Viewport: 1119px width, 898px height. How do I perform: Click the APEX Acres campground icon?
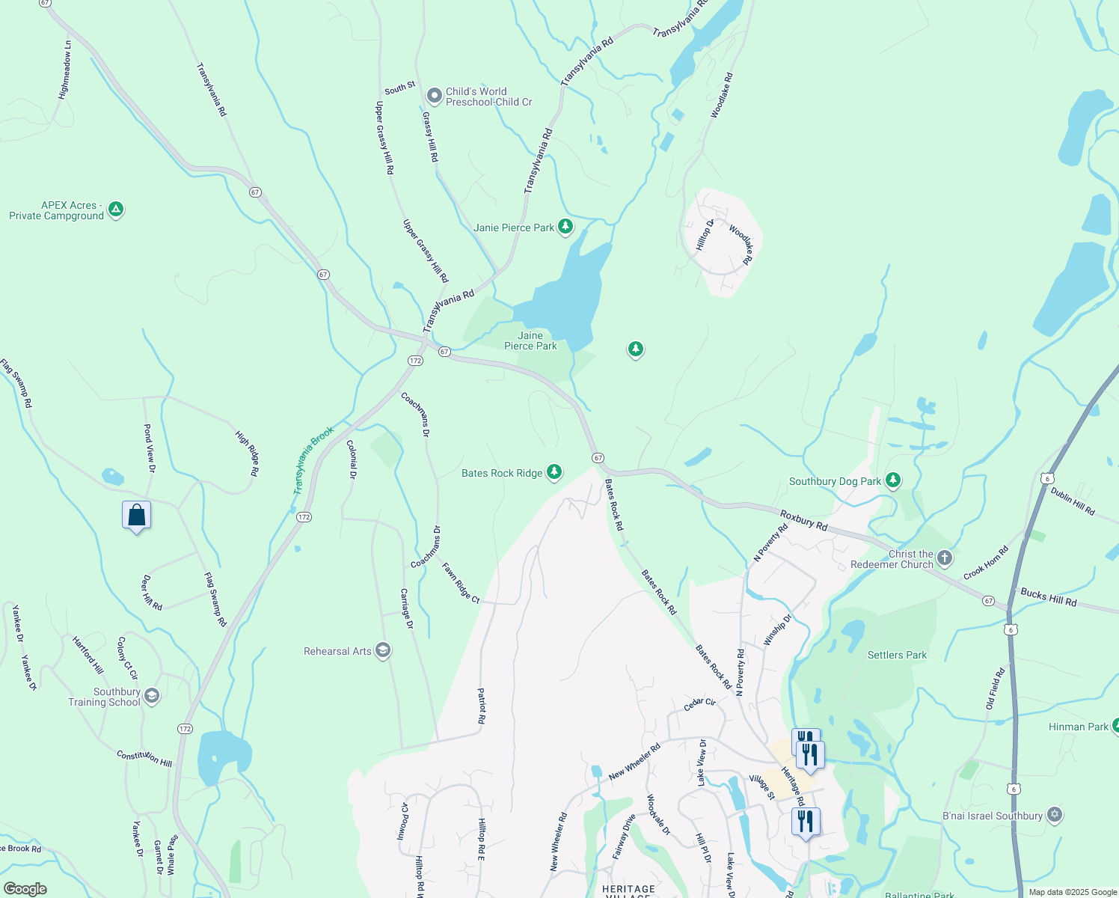tap(116, 210)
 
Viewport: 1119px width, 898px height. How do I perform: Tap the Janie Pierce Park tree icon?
tap(565, 227)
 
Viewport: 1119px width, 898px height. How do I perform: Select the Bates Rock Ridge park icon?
tap(554, 472)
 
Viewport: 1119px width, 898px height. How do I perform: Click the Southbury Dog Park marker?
tap(892, 480)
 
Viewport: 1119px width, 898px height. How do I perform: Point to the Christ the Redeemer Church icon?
tap(945, 558)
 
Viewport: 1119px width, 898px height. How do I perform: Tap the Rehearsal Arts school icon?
tap(383, 650)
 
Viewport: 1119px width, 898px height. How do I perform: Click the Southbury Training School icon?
tap(152, 697)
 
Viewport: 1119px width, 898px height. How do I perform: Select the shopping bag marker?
tap(136, 516)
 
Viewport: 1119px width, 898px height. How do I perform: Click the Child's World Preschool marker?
tap(434, 96)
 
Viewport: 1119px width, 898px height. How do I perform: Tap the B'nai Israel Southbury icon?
tap(1054, 815)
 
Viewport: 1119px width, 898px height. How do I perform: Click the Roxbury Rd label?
tap(803, 520)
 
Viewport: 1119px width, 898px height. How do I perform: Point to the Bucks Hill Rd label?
tap(1048, 597)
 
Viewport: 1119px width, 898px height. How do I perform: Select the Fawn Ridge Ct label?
tap(460, 583)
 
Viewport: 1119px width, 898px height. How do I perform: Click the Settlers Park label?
tap(897, 655)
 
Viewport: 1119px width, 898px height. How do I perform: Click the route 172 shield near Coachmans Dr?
tap(416, 361)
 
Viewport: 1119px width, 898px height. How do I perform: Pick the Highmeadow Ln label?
tap(66, 70)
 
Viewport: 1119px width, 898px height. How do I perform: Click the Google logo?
tap(25, 889)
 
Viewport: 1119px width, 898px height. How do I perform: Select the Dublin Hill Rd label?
tap(1073, 501)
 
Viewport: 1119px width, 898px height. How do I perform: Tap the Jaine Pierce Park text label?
tap(530, 340)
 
